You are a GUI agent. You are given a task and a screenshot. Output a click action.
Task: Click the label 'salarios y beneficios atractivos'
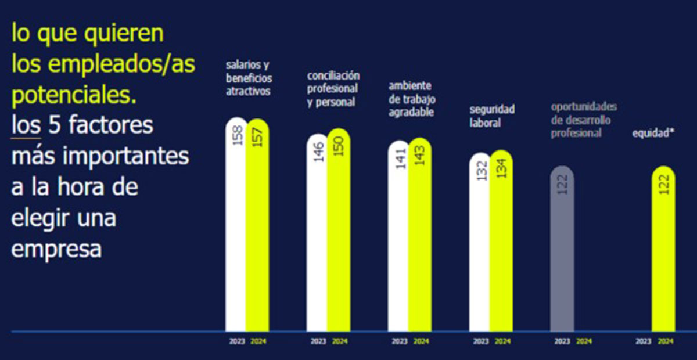point(249,78)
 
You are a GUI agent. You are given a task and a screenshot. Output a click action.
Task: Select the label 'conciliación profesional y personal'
point(333,89)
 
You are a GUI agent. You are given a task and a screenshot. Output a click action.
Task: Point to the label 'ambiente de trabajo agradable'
point(412,99)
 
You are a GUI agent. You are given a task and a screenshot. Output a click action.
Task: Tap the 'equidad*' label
point(653,133)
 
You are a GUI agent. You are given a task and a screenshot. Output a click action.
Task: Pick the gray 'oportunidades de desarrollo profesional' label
point(584,120)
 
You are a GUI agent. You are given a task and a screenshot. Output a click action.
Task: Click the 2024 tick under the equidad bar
point(666,341)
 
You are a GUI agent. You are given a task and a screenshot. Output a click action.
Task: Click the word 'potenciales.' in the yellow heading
point(74,95)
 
